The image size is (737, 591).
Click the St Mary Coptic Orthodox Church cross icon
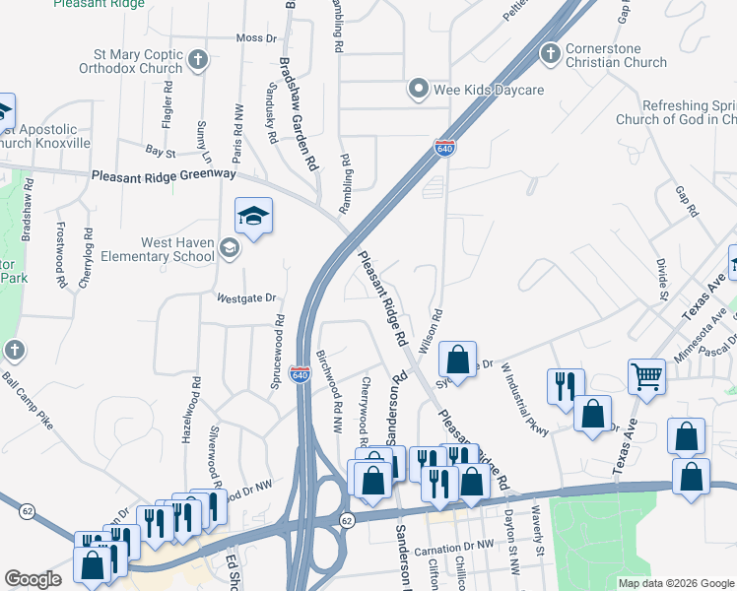(x=197, y=60)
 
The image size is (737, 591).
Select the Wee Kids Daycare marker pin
(x=419, y=90)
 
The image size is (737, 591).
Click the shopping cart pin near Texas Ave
(x=646, y=374)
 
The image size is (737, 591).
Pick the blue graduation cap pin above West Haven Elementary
(x=253, y=216)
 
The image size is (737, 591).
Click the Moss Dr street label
(x=256, y=37)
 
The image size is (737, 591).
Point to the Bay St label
(x=160, y=153)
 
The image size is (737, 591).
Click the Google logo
(x=33, y=580)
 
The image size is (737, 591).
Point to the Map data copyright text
(x=675, y=583)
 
